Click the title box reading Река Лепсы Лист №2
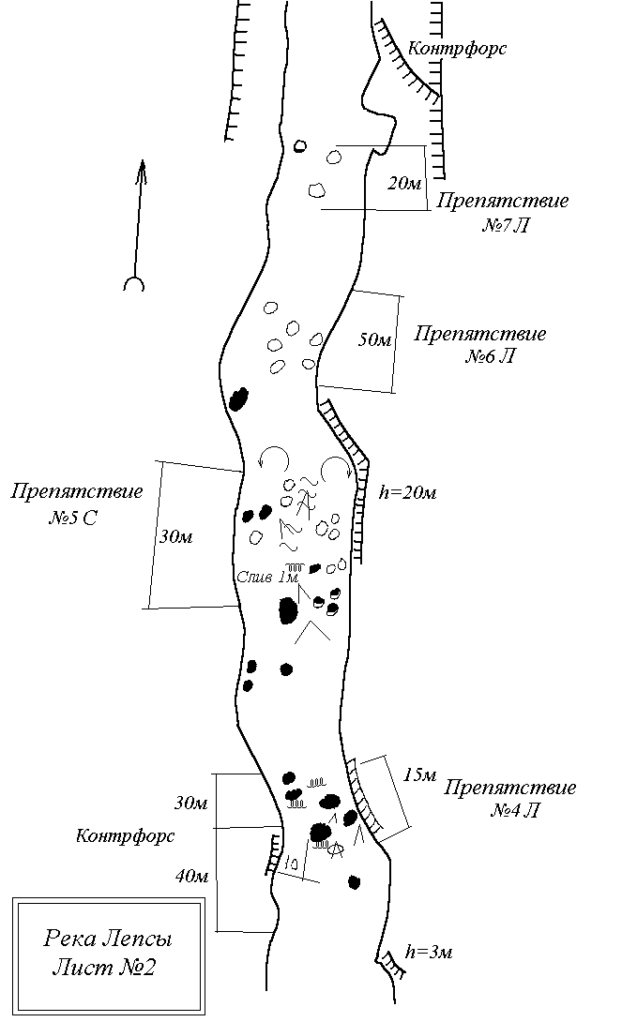tap(109, 954)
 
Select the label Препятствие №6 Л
tap(479, 346)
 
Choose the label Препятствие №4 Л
tap(510, 799)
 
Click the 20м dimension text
tap(404, 184)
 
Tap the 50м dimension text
tap(375, 339)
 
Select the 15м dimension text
tap(420, 774)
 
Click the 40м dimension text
tap(191, 876)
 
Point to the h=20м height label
tap(407, 493)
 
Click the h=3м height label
tap(428, 953)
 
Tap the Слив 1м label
tap(256, 576)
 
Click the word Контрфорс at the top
tap(458, 48)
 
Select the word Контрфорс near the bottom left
tap(126, 835)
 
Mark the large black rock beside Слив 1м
tap(288, 610)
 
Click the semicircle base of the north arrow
tap(134, 284)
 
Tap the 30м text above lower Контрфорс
tap(191, 803)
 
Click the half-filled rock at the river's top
tap(300, 145)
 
